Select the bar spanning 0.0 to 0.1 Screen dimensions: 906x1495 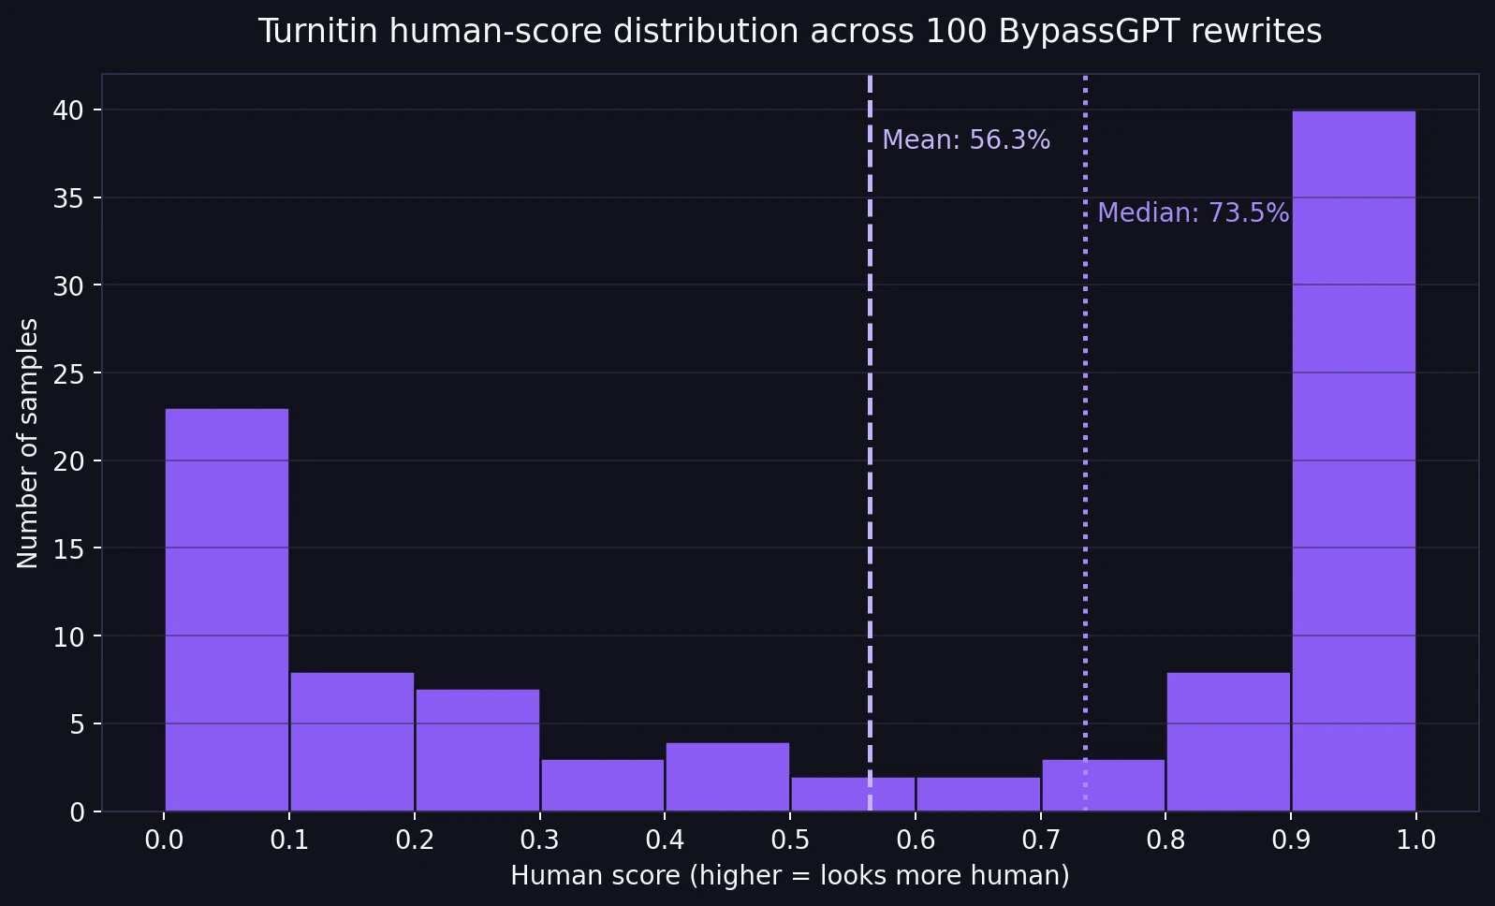tap(227, 609)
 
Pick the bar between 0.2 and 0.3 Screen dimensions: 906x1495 tap(477, 750)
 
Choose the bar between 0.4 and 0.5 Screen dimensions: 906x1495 tap(727, 777)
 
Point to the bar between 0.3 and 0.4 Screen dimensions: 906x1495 tap(603, 785)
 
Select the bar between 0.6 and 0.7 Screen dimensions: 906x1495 tap(978, 794)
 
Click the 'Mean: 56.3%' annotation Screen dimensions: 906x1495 tap(965, 140)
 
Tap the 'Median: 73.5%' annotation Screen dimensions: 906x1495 tap(1193, 213)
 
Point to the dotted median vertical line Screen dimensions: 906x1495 tap(1085, 468)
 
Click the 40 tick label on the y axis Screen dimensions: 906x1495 tap(68, 110)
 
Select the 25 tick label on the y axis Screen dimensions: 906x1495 tap(68, 373)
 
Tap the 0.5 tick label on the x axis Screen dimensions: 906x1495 tap(790, 840)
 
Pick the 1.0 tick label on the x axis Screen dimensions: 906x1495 tap(1415, 840)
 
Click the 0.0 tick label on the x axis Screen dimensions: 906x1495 tap(164, 840)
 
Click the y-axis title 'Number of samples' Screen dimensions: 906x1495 tap(28, 443)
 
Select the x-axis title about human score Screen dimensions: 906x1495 tap(789, 876)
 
